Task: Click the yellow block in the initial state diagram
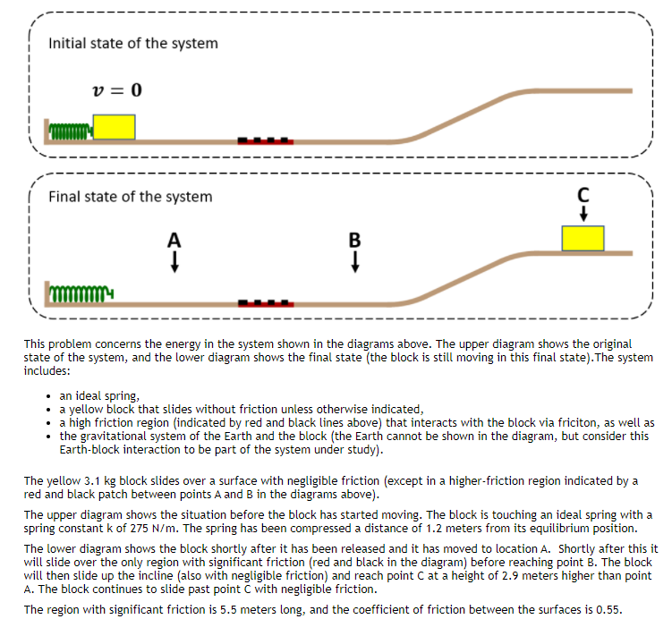pyautogui.click(x=115, y=126)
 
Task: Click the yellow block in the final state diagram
pyautogui.click(x=583, y=238)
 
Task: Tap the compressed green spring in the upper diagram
pyautogui.click(x=72, y=132)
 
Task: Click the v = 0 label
pyautogui.click(x=117, y=90)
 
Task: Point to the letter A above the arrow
pyautogui.click(x=174, y=240)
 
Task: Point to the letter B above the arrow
pyautogui.click(x=355, y=240)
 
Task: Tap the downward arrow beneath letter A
pyautogui.click(x=174, y=260)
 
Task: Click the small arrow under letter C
pyautogui.click(x=583, y=213)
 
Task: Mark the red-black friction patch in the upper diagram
pyautogui.click(x=265, y=140)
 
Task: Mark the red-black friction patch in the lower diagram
pyautogui.click(x=266, y=303)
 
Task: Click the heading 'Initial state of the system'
pyautogui.click(x=132, y=43)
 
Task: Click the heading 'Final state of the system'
pyautogui.click(x=131, y=197)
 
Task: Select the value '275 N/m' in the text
pyautogui.click(x=148, y=528)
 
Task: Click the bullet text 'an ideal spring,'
pyautogui.click(x=100, y=395)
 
